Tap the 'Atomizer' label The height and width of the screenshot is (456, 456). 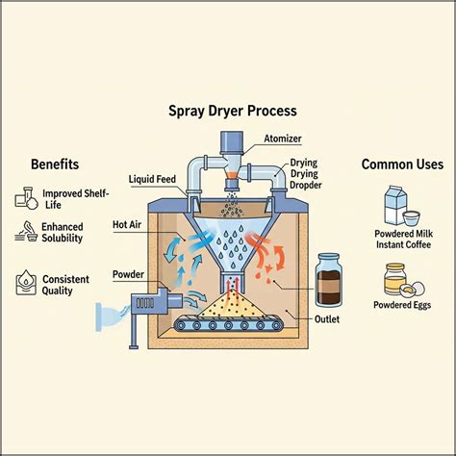click(284, 139)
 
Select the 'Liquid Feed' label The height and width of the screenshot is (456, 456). click(151, 180)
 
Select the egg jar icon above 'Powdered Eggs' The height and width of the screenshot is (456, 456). click(396, 278)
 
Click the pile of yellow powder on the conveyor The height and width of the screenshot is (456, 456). click(229, 306)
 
